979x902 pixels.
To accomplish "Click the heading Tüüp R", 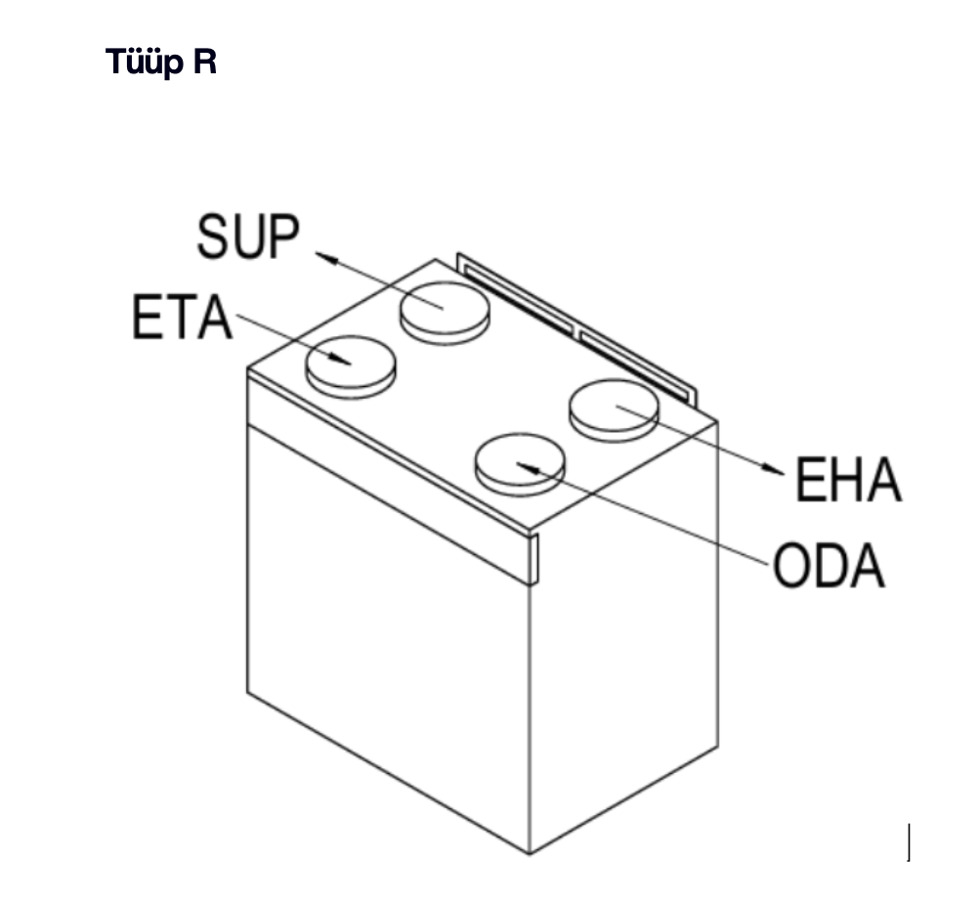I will click(161, 64).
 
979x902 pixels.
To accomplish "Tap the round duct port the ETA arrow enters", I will click(351, 364).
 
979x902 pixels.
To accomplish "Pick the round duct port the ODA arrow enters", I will click(520, 463).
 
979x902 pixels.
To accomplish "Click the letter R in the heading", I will click(203, 64).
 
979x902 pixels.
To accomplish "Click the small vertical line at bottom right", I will click(910, 842).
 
